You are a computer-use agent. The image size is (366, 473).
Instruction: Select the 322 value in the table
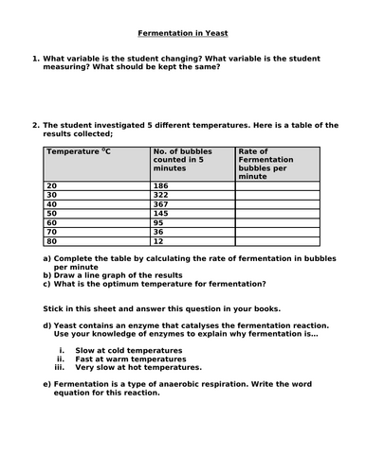pos(161,198)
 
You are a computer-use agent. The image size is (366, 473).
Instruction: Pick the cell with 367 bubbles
pos(161,207)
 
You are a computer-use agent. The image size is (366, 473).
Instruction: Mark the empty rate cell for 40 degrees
pos(280,207)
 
